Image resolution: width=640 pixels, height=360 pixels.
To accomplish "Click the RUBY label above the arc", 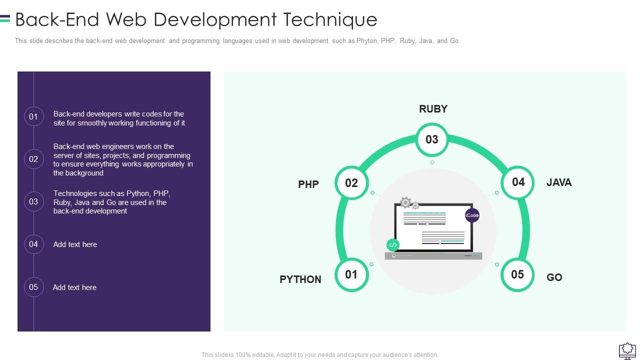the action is pyautogui.click(x=433, y=109).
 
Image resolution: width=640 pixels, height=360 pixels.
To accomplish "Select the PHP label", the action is pyautogui.click(x=308, y=184).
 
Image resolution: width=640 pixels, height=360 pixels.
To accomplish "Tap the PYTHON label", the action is pyautogui.click(x=300, y=279).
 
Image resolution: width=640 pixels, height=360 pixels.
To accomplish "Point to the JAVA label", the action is pyautogui.click(x=559, y=182).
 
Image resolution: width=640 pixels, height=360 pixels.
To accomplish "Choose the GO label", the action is pyautogui.click(x=554, y=277).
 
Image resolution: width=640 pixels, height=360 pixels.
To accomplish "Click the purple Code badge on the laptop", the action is pyautogui.click(x=472, y=215).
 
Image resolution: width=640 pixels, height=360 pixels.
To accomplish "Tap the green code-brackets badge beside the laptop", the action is pyautogui.click(x=393, y=245).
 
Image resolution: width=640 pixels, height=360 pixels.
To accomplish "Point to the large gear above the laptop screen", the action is pyautogui.click(x=405, y=202).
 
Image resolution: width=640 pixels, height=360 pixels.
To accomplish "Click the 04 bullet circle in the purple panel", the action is pyautogui.click(x=33, y=244).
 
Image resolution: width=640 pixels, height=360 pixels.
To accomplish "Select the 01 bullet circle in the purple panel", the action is pyautogui.click(x=33, y=116).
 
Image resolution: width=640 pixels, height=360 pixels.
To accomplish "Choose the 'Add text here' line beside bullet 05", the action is pyautogui.click(x=74, y=287).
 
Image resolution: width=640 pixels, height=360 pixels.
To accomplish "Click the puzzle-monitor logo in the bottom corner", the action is pyautogui.click(x=627, y=351).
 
